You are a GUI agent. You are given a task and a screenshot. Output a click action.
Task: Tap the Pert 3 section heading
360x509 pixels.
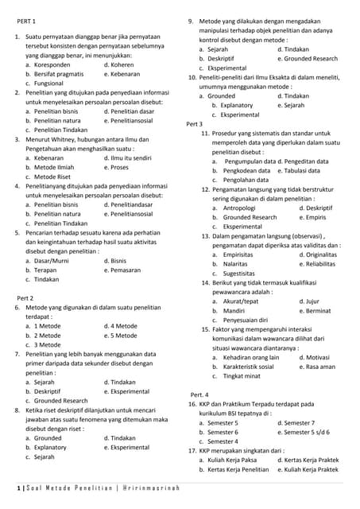click(x=195, y=124)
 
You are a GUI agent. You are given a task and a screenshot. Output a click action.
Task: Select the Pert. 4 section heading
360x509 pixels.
click(x=199, y=394)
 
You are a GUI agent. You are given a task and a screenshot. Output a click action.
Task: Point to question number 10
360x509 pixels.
click(x=192, y=77)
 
